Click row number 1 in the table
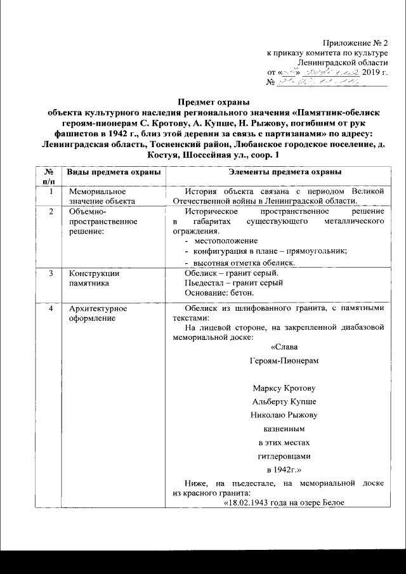pos(51,191)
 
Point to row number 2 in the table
pos(51,211)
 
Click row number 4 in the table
pos(51,309)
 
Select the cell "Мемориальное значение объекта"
pos(98,195)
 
